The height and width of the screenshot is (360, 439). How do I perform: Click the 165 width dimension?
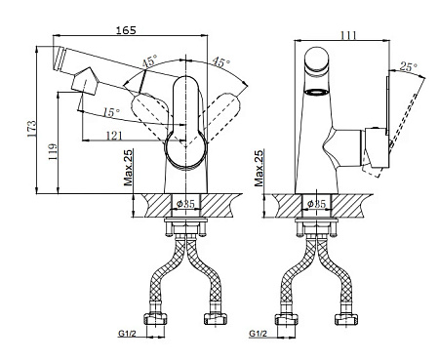tap(126, 30)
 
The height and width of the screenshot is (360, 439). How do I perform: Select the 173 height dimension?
tap(32, 129)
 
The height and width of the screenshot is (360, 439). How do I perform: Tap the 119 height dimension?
tap(53, 152)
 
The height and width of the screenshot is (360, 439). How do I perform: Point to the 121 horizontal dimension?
tap(114, 136)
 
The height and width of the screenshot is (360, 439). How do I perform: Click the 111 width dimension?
tap(347, 35)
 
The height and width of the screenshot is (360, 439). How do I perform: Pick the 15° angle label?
tap(112, 112)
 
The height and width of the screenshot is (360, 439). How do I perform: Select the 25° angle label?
tap(408, 66)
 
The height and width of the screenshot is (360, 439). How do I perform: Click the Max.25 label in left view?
tap(128, 168)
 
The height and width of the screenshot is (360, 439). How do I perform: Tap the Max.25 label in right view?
tap(259, 168)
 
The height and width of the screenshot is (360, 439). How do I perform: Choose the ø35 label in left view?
tap(185, 204)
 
